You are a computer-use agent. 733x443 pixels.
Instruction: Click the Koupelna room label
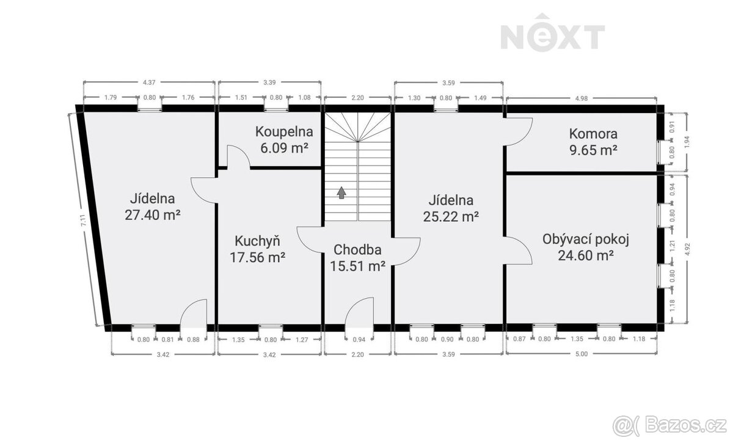[x=284, y=131]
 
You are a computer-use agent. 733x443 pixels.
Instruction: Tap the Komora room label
[x=593, y=134]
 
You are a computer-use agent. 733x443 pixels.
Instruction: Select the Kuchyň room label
[x=257, y=241]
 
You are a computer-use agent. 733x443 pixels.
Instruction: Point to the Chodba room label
[x=357, y=250]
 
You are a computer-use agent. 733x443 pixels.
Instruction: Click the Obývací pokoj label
[x=585, y=240]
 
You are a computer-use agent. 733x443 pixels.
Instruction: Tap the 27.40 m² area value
[x=153, y=215]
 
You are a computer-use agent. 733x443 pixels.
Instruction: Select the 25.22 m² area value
[x=451, y=216]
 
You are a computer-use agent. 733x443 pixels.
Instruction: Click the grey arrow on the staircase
[x=341, y=192]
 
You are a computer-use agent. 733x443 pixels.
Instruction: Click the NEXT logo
[x=552, y=32]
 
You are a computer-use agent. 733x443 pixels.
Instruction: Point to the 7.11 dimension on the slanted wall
[x=83, y=220]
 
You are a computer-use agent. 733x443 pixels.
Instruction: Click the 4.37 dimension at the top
[x=149, y=82]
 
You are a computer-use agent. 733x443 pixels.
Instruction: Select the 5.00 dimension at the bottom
[x=582, y=354]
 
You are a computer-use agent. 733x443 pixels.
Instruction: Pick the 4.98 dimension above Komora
[x=582, y=98]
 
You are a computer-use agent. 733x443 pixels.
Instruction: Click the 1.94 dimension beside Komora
[x=687, y=142]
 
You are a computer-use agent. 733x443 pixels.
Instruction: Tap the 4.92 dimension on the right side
[x=687, y=249]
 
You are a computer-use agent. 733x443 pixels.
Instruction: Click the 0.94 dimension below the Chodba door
[x=359, y=340]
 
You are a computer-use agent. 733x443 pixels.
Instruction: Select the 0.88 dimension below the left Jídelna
[x=193, y=340]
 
